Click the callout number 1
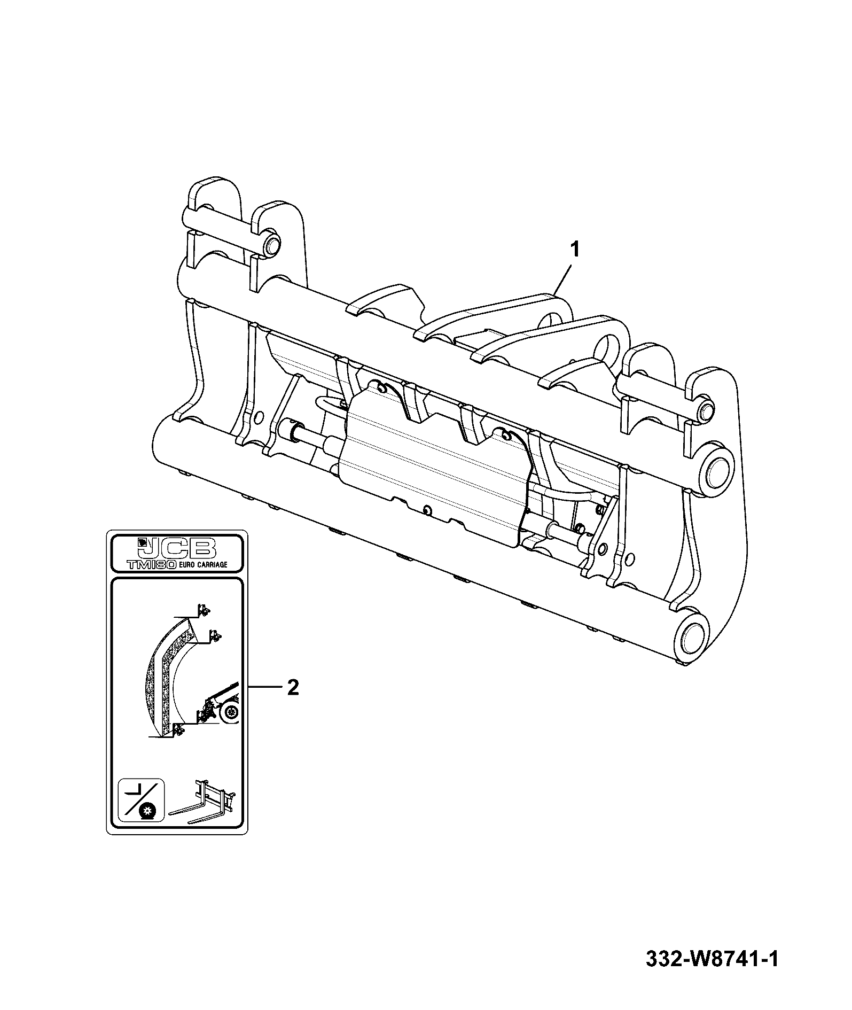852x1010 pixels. tap(575, 249)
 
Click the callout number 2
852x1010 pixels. tap(292, 687)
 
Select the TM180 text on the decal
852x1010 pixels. tap(151, 565)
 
